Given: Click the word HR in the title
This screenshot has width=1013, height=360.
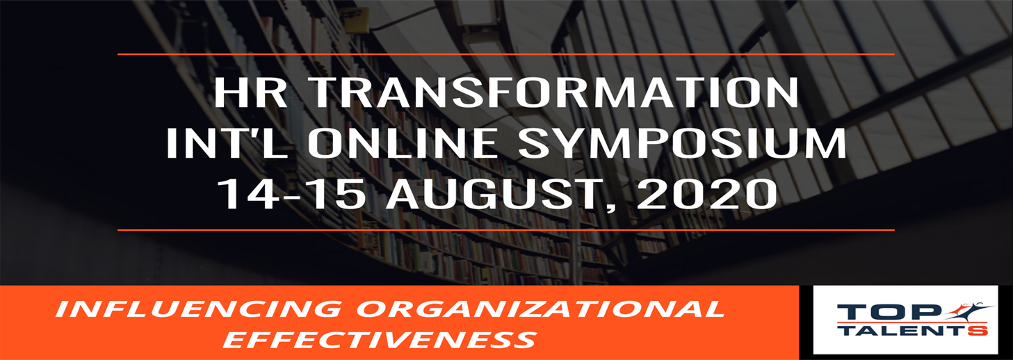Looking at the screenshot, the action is [x=250, y=92].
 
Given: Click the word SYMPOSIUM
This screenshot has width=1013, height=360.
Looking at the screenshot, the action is [x=683, y=143].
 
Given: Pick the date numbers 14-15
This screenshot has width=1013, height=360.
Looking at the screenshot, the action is [x=292, y=194].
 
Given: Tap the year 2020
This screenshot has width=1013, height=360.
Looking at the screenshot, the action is [x=707, y=194].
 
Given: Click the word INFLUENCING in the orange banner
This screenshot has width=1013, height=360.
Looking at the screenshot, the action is [x=199, y=309].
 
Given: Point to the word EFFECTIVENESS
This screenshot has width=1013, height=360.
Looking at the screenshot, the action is [x=380, y=339].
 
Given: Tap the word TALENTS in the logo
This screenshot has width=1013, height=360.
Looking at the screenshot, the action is [x=914, y=330].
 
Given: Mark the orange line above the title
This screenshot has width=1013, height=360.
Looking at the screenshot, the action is [x=506, y=54].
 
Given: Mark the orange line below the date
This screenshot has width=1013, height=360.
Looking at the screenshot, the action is [x=506, y=230].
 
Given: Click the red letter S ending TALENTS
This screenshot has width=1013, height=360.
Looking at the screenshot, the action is [x=980, y=330].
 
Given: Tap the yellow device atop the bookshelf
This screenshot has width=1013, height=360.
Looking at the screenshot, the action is [x=357, y=26].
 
